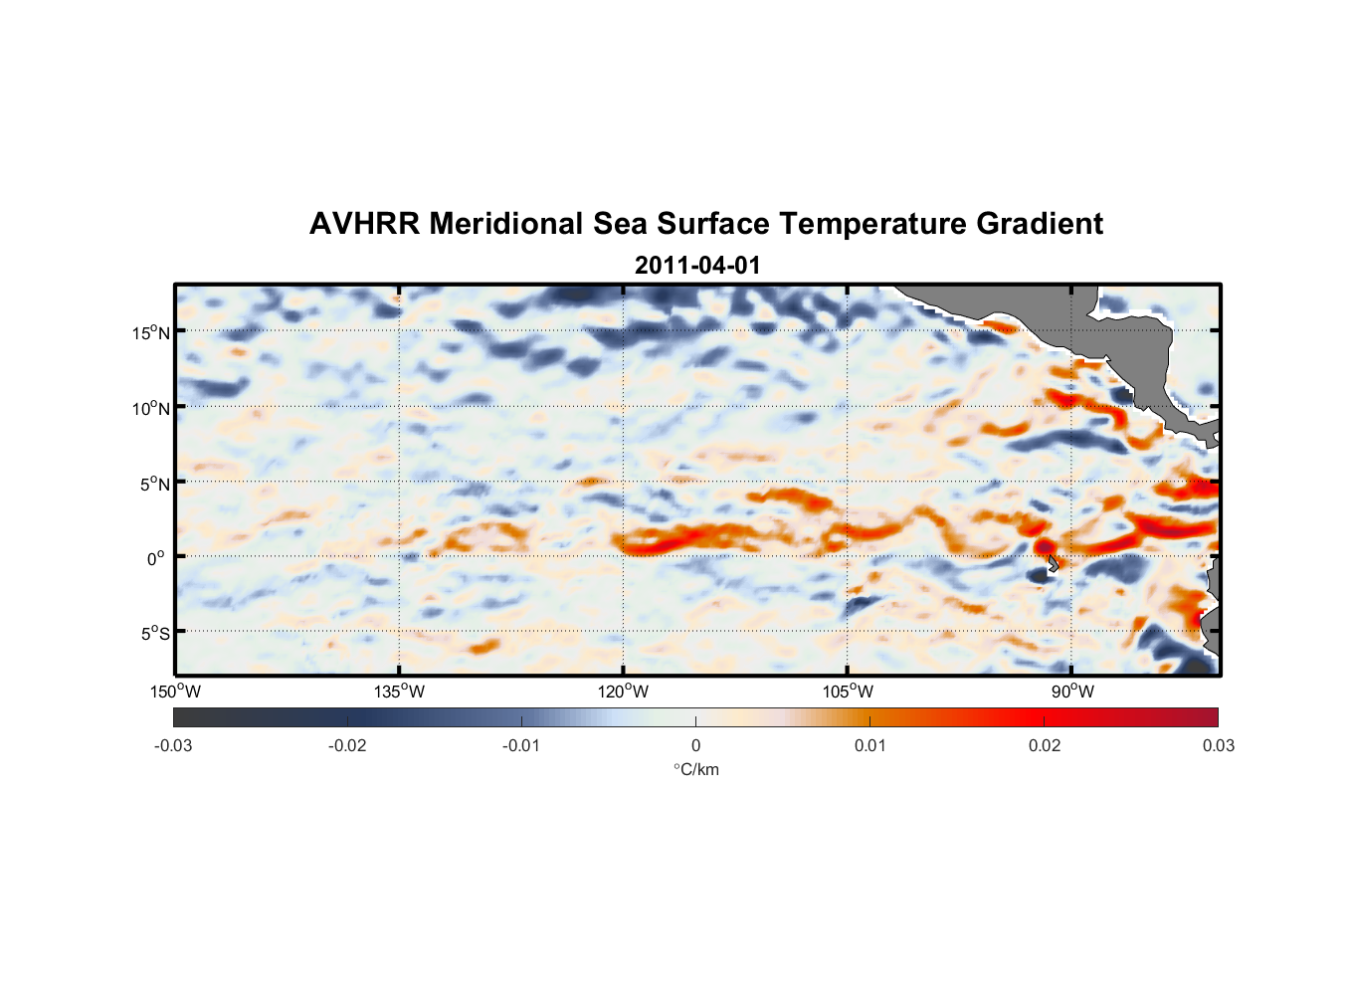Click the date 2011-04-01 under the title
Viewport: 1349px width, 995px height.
[696, 266]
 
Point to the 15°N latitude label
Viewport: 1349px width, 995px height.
[150, 332]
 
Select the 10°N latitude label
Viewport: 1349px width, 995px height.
[150, 408]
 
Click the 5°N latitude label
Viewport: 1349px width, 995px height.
[153, 484]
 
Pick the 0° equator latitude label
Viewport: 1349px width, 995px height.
[156, 558]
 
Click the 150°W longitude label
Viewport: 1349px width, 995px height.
[176, 692]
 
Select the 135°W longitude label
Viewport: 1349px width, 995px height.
[400, 692]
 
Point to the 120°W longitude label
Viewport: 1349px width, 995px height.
[624, 692]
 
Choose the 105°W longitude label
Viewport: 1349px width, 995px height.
[848, 692]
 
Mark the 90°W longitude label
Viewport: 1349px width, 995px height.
[1071, 692]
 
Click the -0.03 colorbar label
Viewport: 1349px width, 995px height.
[173, 745]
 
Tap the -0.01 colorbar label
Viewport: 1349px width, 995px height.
[521, 745]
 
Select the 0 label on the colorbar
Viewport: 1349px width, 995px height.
[695, 745]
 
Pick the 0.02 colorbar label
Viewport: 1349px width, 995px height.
[1045, 745]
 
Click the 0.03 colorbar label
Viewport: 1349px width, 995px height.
[1218, 745]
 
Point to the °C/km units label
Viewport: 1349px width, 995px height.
[695, 769]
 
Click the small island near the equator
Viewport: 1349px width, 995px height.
[1053, 564]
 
